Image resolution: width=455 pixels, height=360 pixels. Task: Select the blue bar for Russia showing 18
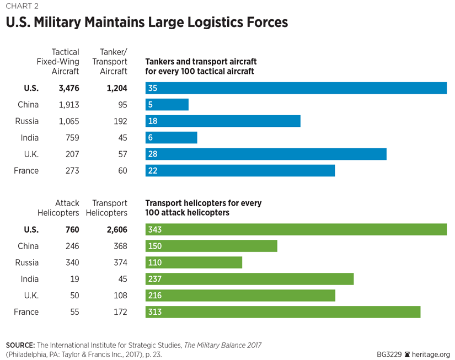(223, 121)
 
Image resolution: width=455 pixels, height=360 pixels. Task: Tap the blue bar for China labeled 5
(167, 104)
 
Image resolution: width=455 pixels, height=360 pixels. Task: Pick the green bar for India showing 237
(249, 279)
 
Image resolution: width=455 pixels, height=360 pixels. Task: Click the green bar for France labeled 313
(283, 312)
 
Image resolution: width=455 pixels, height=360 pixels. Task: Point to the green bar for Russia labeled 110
(194, 262)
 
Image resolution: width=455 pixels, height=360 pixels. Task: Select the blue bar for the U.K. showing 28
(266, 154)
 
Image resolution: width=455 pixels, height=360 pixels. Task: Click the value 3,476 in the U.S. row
(68, 88)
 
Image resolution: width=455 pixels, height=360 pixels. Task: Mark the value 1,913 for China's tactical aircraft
(69, 104)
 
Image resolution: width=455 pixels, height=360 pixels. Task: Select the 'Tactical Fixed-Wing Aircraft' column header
(58, 62)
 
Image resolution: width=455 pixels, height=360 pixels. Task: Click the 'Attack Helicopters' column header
(58, 208)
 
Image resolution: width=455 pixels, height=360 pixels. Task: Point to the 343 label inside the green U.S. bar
(155, 229)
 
